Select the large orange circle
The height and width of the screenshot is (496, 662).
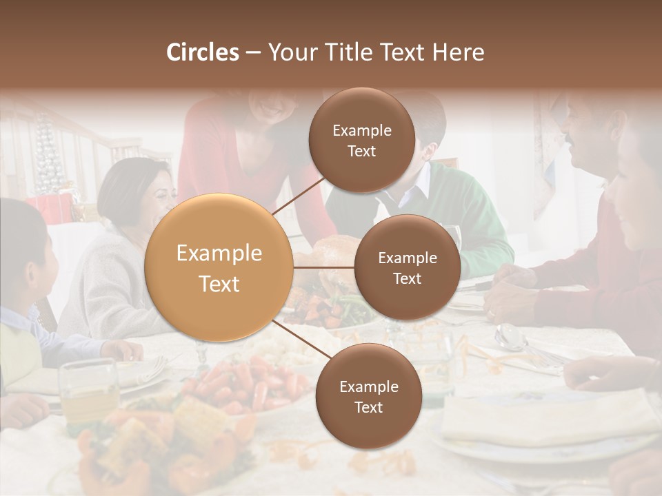219,268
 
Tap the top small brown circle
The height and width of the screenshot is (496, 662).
361,141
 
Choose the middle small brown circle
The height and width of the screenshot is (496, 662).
407,268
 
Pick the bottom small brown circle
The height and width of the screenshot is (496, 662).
368,397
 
